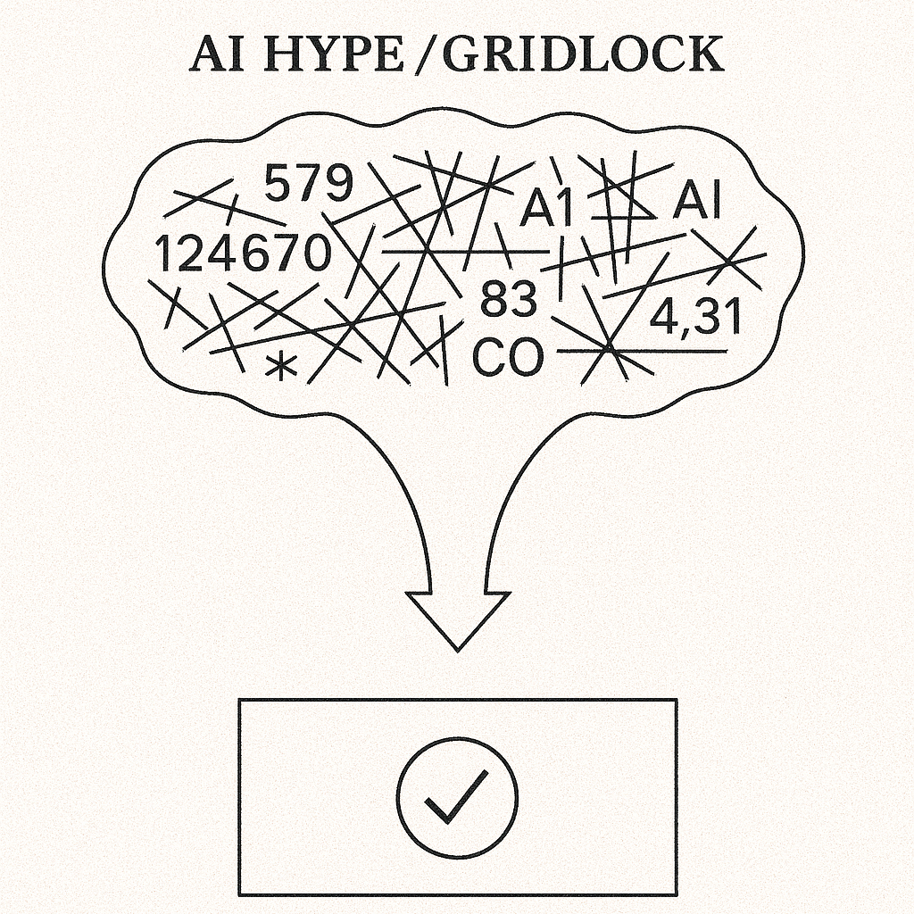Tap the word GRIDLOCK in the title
[x=583, y=55]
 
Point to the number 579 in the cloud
[x=309, y=185]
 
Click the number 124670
[x=242, y=253]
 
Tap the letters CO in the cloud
[x=507, y=358]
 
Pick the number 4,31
[x=695, y=317]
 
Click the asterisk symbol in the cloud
[x=282, y=367]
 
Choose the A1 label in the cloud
[x=546, y=209]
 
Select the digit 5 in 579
[x=279, y=185]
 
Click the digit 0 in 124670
[x=313, y=253]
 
